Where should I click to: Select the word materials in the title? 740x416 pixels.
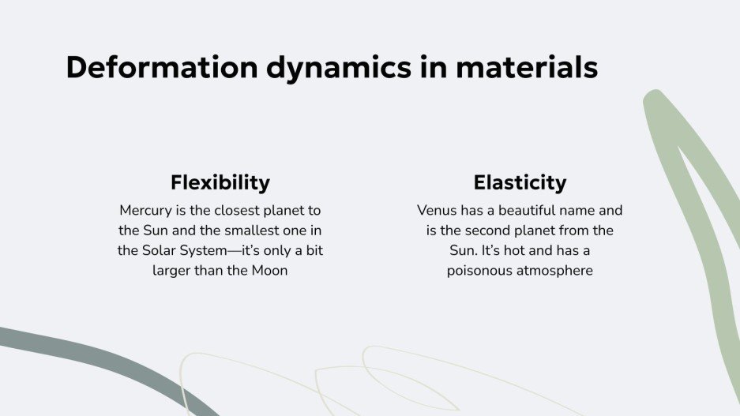click(526, 68)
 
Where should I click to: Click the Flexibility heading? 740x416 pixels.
click(220, 183)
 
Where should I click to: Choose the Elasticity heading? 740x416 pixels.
click(520, 183)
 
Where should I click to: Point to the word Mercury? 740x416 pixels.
click(146, 211)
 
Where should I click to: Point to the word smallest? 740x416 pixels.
click(249, 230)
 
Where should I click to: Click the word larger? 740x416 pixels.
click(172, 271)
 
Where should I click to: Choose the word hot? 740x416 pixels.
click(519, 251)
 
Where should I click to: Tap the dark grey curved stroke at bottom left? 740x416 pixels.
click(95, 351)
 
